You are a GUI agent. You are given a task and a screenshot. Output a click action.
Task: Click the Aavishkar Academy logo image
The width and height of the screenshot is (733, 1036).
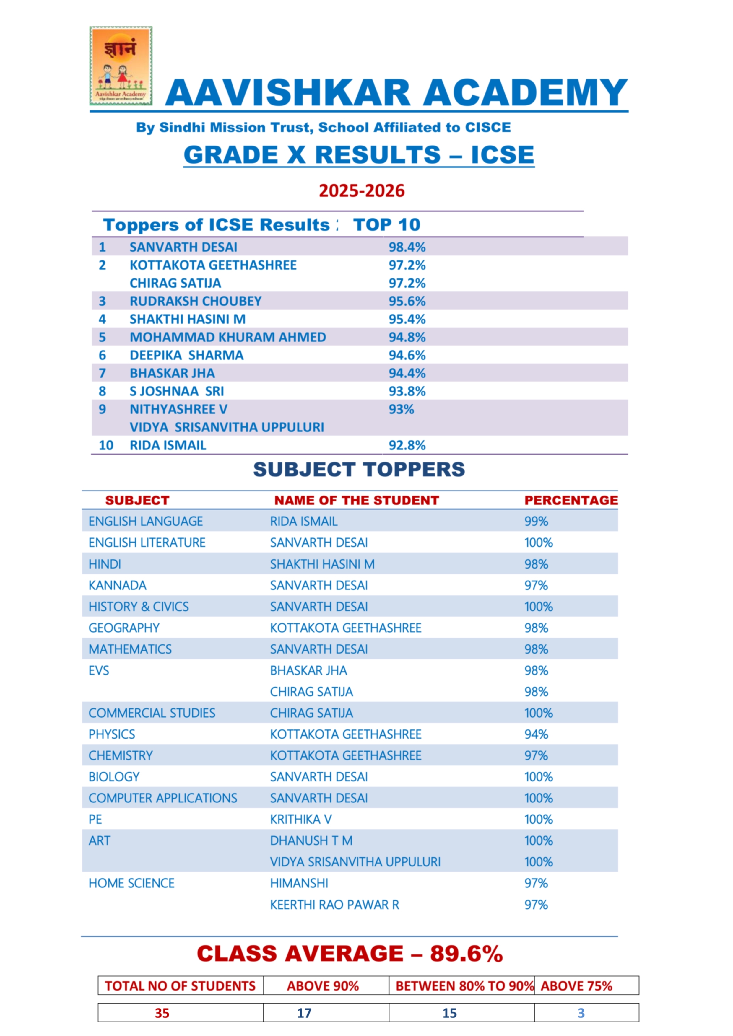tap(121, 66)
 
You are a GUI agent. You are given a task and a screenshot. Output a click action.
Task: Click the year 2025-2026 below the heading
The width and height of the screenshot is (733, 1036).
tap(362, 191)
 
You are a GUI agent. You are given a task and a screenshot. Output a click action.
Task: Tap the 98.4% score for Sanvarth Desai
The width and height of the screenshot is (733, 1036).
tap(407, 247)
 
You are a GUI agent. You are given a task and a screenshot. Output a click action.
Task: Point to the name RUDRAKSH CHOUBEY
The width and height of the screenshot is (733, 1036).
tap(195, 301)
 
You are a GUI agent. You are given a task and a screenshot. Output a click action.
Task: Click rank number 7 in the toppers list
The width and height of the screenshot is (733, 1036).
tap(103, 373)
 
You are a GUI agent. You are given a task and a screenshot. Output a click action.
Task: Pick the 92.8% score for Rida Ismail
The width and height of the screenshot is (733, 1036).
tap(407, 445)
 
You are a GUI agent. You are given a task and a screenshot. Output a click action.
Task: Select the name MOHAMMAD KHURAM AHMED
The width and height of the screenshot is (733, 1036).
tap(227, 337)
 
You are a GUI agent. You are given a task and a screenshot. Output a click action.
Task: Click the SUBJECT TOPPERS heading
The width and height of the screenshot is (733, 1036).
tap(359, 469)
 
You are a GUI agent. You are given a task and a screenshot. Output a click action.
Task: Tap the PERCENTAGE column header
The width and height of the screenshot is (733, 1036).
tap(571, 500)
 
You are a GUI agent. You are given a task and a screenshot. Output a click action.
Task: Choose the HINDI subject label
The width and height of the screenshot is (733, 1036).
tap(105, 564)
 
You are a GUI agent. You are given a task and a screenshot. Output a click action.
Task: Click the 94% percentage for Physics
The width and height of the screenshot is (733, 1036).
tap(536, 734)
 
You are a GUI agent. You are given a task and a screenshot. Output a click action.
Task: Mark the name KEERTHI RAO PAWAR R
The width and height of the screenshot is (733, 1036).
tap(334, 905)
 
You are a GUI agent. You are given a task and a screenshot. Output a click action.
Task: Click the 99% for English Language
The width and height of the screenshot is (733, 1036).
tap(536, 521)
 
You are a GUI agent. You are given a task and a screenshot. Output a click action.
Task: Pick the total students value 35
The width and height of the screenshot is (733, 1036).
tap(162, 1013)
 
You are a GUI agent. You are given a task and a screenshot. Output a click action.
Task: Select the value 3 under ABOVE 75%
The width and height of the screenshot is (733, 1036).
tap(581, 1013)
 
